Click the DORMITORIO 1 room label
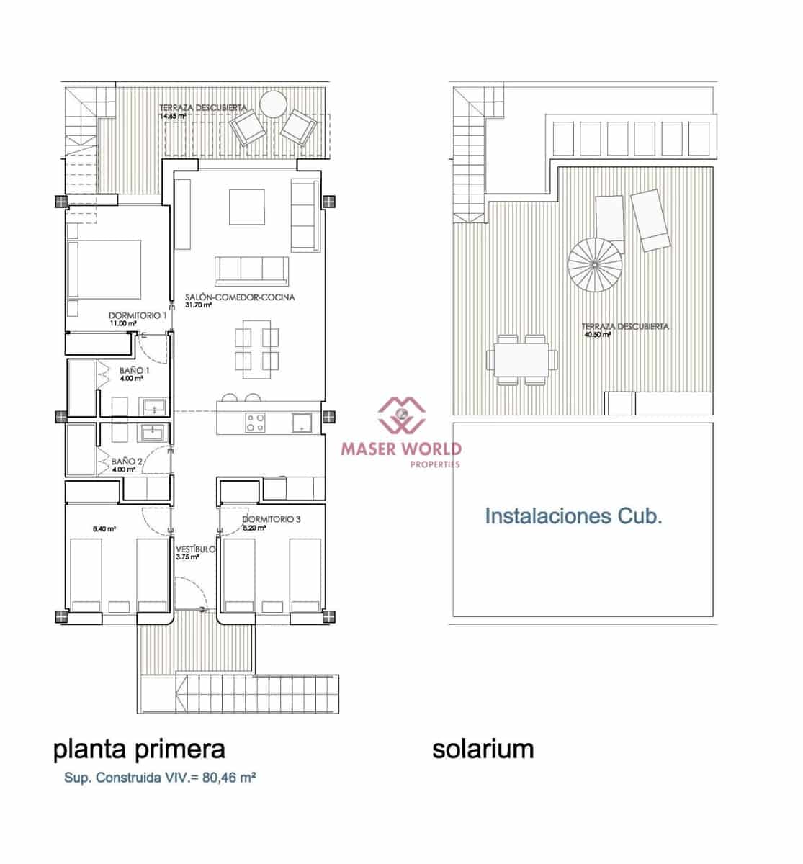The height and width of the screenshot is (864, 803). pyautogui.click(x=138, y=315)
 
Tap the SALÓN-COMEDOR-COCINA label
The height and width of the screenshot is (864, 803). pyautogui.click(x=240, y=297)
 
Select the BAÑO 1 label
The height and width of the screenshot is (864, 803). pyautogui.click(x=130, y=370)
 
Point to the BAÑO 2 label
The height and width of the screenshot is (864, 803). pyautogui.click(x=127, y=462)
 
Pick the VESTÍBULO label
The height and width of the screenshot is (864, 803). pyautogui.click(x=195, y=549)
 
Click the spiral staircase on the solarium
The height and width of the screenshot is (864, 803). pyautogui.click(x=595, y=264)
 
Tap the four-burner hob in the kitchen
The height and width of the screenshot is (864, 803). pyautogui.click(x=255, y=422)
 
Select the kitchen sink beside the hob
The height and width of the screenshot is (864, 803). pyautogui.click(x=300, y=422)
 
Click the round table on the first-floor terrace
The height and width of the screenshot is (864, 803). pyautogui.click(x=274, y=105)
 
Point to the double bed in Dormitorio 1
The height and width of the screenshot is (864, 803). pyautogui.click(x=104, y=269)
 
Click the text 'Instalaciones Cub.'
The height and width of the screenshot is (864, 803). pyautogui.click(x=573, y=516)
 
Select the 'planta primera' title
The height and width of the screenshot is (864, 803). pyautogui.click(x=139, y=748)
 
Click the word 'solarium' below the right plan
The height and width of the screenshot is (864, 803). pyautogui.click(x=483, y=748)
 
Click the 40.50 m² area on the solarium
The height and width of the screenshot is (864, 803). pyautogui.click(x=597, y=335)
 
